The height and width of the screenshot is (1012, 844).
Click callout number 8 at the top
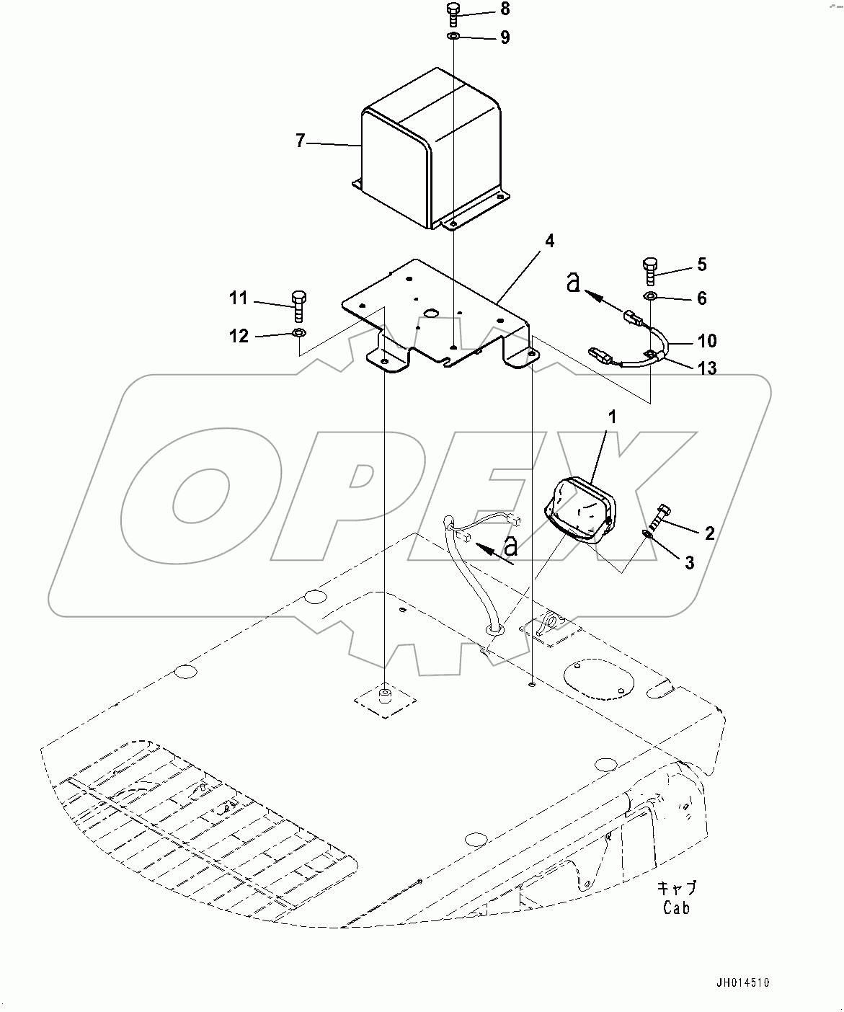[504, 9]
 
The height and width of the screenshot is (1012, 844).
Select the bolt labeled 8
[453, 13]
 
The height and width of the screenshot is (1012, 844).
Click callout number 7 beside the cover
[301, 141]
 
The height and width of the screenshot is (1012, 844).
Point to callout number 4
[549, 241]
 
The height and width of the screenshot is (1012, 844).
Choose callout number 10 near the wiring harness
[707, 340]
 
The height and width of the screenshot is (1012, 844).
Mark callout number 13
[707, 368]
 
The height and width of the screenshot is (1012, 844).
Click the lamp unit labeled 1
[581, 510]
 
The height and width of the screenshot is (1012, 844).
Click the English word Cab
[676, 907]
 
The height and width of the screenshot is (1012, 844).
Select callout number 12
[239, 336]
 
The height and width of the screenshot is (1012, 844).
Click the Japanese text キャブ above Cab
[677, 887]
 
